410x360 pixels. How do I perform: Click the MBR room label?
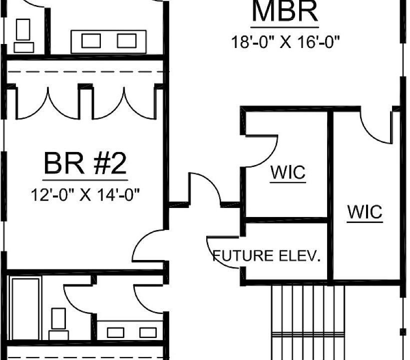(284, 12)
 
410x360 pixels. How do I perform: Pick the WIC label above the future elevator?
(288, 173)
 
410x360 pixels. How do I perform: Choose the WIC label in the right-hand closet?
(365, 212)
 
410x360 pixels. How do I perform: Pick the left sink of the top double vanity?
(91, 40)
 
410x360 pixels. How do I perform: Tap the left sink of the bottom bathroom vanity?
(116, 332)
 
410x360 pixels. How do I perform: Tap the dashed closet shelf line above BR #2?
(85, 72)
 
